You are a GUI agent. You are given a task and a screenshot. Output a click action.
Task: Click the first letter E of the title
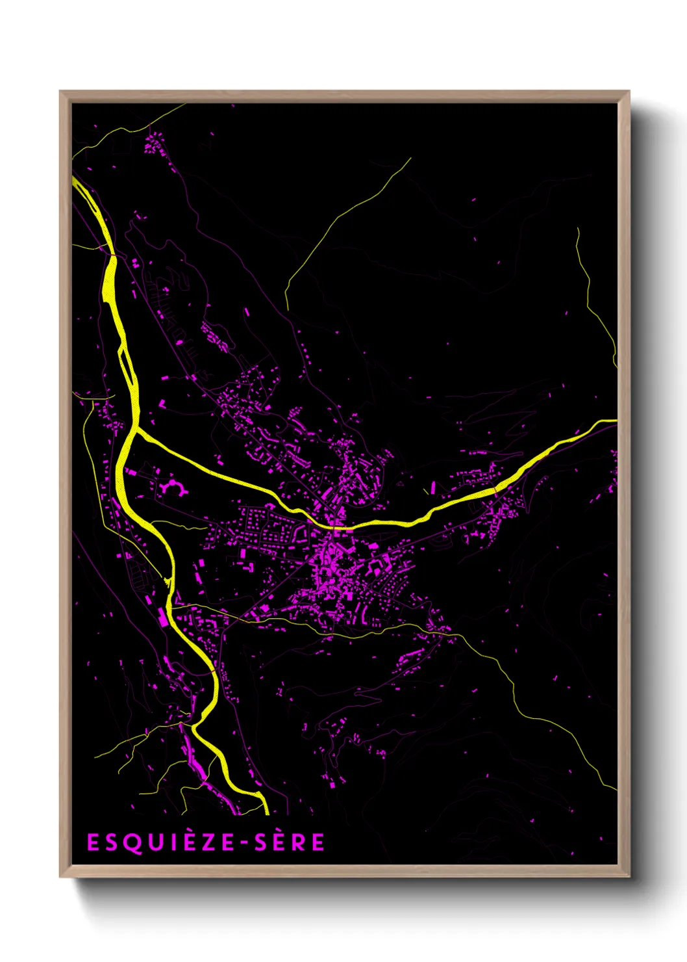coord(93,842)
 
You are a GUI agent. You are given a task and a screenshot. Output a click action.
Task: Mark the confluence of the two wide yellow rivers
coord(135,430)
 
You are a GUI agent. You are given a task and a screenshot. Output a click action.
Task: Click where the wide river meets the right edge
coord(614,421)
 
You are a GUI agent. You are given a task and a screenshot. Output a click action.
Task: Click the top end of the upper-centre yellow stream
coord(410,159)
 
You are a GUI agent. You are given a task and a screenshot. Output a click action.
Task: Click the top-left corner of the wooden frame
coord(61,92)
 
